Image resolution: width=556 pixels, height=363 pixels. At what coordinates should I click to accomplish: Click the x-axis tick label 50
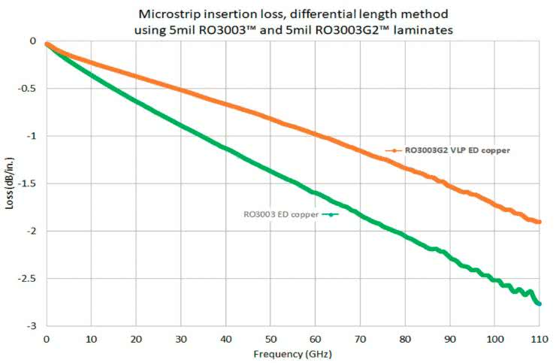coord(270,340)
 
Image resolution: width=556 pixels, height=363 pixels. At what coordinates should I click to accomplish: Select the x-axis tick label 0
coord(47,340)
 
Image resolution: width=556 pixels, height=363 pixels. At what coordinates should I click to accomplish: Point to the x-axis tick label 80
coord(405,340)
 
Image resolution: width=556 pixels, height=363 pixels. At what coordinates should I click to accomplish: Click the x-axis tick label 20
coord(136,340)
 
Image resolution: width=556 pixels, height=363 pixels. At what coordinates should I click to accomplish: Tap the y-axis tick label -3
coord(32,326)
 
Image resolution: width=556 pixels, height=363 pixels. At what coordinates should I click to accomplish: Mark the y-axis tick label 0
coord(33,41)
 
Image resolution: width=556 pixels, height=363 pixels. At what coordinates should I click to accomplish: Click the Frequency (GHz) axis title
coord(292,353)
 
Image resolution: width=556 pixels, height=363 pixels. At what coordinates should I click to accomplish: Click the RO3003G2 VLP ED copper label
coord(458,150)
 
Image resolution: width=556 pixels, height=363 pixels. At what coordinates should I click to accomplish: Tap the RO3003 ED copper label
coord(281,214)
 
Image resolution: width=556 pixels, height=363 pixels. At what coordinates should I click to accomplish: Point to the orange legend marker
coord(392,150)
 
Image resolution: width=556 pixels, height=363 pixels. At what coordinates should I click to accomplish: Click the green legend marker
coord(330,214)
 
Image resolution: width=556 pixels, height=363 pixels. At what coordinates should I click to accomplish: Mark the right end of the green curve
coord(539,303)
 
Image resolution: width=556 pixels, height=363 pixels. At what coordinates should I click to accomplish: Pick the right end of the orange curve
coord(539,222)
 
